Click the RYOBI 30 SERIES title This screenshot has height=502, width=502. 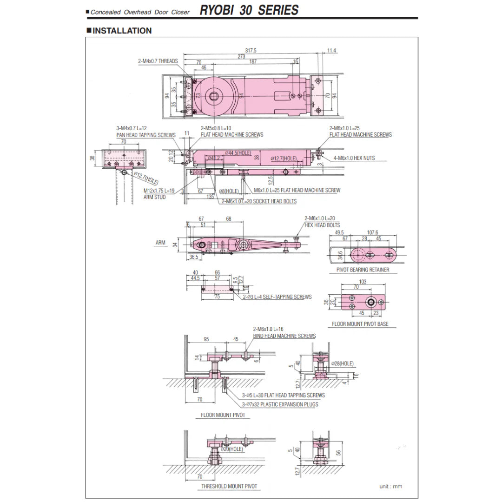249,10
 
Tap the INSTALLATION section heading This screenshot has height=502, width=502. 122,31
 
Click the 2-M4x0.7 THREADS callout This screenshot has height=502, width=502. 158,61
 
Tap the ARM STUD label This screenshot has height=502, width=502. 154,197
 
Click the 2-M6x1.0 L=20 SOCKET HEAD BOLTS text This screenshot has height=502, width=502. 259,201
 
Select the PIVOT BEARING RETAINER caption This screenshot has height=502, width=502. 363,270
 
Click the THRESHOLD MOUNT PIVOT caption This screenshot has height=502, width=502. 229,486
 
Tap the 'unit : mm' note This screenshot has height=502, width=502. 391,486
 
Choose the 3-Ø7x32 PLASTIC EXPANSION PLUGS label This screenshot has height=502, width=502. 280,404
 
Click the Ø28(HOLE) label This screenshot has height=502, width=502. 343,363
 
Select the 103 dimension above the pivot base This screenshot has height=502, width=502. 363,282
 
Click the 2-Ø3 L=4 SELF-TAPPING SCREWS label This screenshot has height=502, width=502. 277,297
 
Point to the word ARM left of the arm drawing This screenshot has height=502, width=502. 160,243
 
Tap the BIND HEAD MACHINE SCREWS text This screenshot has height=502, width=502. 284,336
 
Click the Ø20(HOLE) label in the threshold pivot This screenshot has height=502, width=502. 232,449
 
